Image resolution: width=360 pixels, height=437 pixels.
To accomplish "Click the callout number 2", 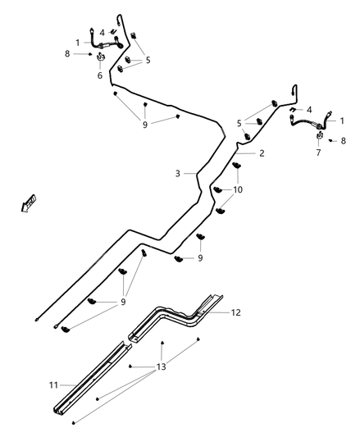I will [x=262, y=153].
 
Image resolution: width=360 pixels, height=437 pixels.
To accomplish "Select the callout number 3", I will [x=177, y=173].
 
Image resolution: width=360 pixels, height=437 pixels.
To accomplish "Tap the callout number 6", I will [x=100, y=75].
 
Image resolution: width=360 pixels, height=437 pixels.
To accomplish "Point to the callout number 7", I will [x=319, y=152].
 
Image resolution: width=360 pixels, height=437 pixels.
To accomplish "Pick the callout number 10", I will [x=238, y=189].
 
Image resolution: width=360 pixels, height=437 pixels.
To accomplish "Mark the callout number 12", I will [x=236, y=312].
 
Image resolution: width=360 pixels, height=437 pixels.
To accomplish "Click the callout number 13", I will [x=161, y=366].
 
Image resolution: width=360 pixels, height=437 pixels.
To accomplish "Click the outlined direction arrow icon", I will [x=30, y=202].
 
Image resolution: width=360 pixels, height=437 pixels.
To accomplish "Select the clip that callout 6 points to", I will [x=100, y=59].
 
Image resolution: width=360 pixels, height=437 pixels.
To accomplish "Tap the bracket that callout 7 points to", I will [x=319, y=136].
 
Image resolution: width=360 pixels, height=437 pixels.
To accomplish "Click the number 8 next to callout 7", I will [x=343, y=141].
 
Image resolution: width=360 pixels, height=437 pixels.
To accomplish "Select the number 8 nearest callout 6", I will [x=67, y=54].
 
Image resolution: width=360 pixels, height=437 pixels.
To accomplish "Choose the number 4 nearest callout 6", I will [x=102, y=32].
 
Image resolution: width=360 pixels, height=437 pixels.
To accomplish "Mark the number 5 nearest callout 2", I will [x=239, y=123].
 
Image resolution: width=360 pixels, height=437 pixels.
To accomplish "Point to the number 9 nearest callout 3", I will [x=144, y=125].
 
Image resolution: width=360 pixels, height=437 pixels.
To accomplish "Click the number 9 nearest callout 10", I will [x=199, y=257].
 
